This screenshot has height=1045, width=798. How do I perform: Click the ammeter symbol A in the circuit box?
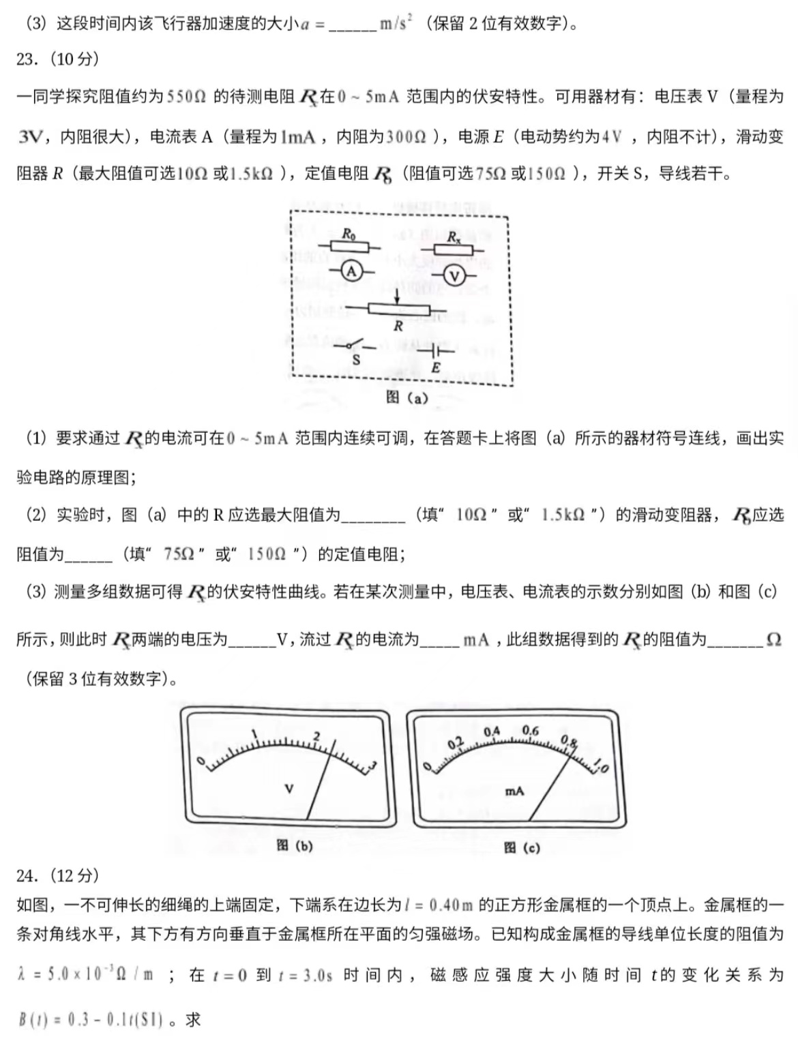tap(351, 271)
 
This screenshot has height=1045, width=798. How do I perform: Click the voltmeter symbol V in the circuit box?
tap(454, 276)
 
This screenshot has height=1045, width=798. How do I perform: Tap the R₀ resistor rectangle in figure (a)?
tap(349, 247)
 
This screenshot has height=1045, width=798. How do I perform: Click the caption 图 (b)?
tap(294, 845)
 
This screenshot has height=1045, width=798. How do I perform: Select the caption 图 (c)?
tap(521, 847)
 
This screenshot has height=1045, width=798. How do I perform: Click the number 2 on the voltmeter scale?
tap(316, 736)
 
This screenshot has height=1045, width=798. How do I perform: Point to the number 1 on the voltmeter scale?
tap(254, 735)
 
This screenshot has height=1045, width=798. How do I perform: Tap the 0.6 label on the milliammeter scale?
tap(530, 731)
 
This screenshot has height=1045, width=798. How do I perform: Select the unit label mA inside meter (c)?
tap(514, 791)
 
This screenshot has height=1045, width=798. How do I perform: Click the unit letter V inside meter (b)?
tap(289, 789)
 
